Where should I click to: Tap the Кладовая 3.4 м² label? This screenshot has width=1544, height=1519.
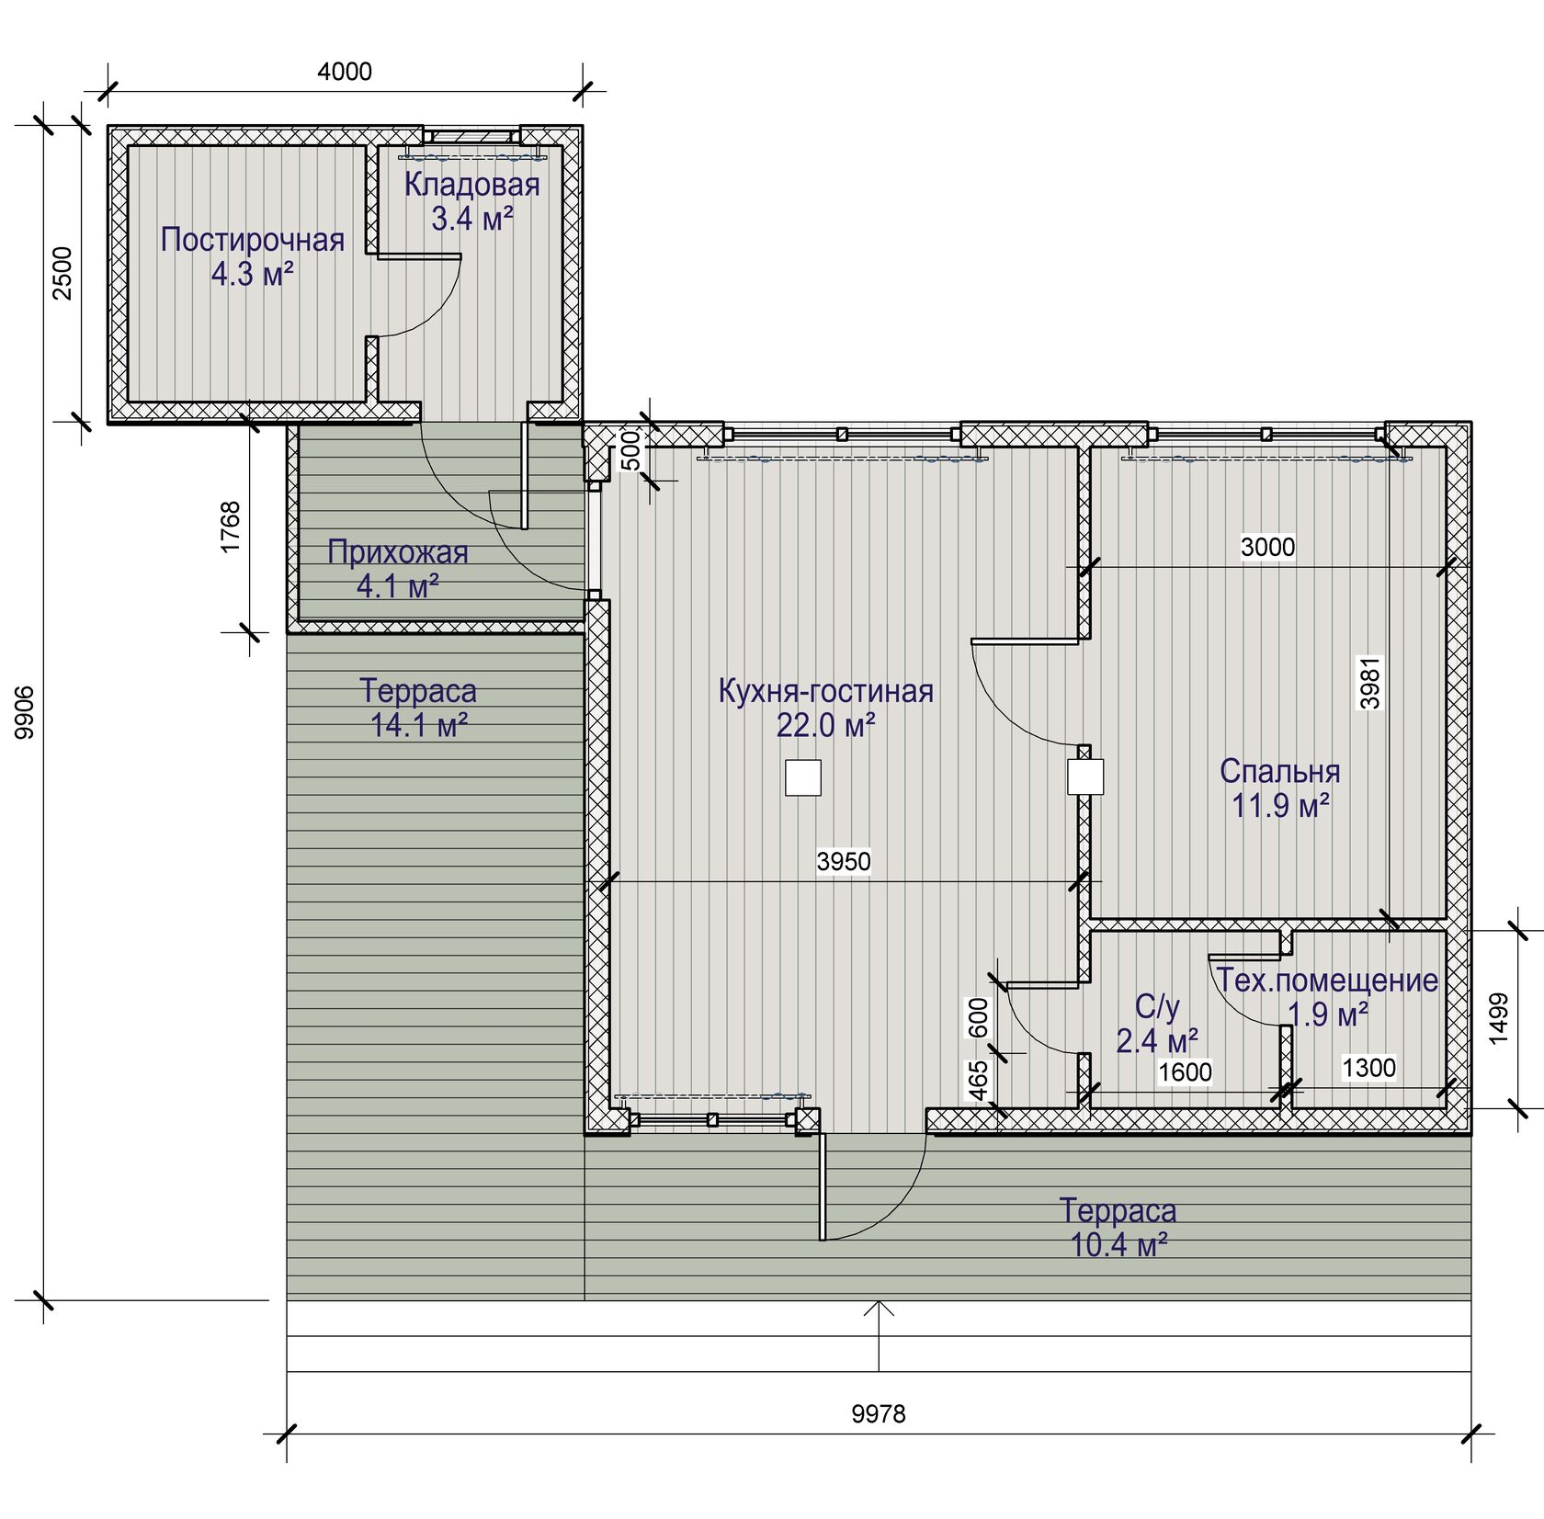(471, 201)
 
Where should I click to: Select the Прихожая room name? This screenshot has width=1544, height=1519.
(398, 552)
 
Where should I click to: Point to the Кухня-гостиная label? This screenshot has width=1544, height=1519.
(825, 691)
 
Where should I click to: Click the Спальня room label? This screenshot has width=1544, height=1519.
(1279, 771)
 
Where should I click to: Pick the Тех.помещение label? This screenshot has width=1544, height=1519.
(1327, 981)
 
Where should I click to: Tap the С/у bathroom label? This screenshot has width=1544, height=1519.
(1157, 1007)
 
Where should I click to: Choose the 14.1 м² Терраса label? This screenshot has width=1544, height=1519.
(418, 708)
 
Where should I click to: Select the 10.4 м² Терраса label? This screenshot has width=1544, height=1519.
(1118, 1228)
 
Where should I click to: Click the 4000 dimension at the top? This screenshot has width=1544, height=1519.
(345, 72)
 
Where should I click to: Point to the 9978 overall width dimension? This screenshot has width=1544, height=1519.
(878, 1413)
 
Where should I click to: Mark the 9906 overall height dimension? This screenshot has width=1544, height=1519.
(25, 712)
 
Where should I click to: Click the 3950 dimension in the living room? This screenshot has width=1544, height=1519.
(844, 861)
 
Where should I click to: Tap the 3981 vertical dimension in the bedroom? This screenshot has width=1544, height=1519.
(1370, 683)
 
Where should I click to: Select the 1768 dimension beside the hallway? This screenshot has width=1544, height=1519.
(230, 527)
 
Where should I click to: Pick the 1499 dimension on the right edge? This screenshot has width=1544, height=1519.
(1498, 1018)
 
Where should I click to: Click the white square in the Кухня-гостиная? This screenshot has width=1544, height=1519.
(803, 777)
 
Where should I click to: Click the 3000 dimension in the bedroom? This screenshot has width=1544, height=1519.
(1267, 547)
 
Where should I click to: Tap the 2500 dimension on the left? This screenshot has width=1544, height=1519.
(62, 273)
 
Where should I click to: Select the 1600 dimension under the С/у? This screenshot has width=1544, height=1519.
(1185, 1071)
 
